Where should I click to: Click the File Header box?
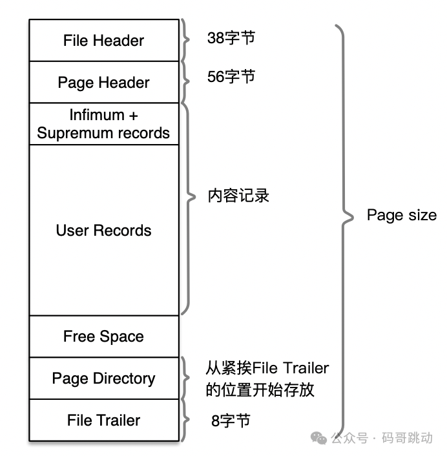click(x=103, y=41)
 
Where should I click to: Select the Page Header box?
click(x=103, y=83)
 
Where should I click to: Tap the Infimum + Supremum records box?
click(x=103, y=124)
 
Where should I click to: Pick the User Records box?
click(x=103, y=231)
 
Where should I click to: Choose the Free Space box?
click(x=103, y=337)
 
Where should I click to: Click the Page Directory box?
click(x=103, y=378)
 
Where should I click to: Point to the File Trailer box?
click(x=103, y=420)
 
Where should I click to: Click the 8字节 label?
click(x=231, y=421)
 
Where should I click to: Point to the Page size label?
click(x=401, y=215)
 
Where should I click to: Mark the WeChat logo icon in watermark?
click(x=319, y=438)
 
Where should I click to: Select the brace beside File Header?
click(x=186, y=40)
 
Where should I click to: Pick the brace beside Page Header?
click(x=186, y=82)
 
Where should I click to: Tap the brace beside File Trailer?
click(x=186, y=420)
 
